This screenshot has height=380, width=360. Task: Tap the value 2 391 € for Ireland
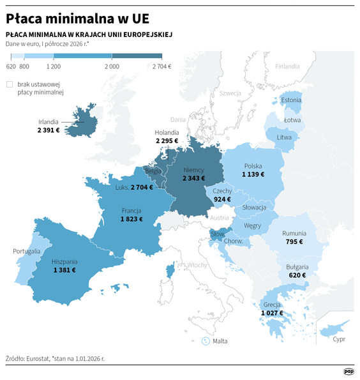(49, 130)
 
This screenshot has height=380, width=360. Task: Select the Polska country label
(253, 165)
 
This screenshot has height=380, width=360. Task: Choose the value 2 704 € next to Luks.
(142, 188)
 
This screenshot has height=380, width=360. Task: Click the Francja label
(131, 210)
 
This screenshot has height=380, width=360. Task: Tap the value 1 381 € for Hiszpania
(64, 270)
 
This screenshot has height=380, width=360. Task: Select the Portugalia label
(27, 251)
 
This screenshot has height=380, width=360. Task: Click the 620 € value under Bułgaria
(297, 275)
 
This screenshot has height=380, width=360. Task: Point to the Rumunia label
(294, 234)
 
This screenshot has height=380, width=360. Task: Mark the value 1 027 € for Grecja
(273, 313)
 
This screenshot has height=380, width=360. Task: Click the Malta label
(220, 341)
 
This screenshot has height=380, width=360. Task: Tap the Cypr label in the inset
(339, 339)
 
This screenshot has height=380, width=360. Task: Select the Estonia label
(291, 100)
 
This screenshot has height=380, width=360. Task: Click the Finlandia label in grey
(287, 66)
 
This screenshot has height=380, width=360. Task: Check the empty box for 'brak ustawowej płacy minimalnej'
(9, 84)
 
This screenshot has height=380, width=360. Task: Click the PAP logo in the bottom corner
(349, 371)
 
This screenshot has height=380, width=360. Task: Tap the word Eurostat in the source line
(41, 359)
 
